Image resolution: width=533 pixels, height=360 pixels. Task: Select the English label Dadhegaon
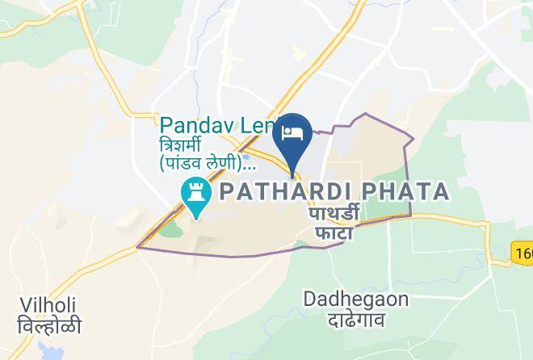[356, 299]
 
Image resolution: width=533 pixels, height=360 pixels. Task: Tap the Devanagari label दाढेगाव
[355, 319]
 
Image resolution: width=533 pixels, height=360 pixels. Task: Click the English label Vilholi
[48, 305]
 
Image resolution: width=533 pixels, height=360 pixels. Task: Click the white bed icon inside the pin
[292, 132]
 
